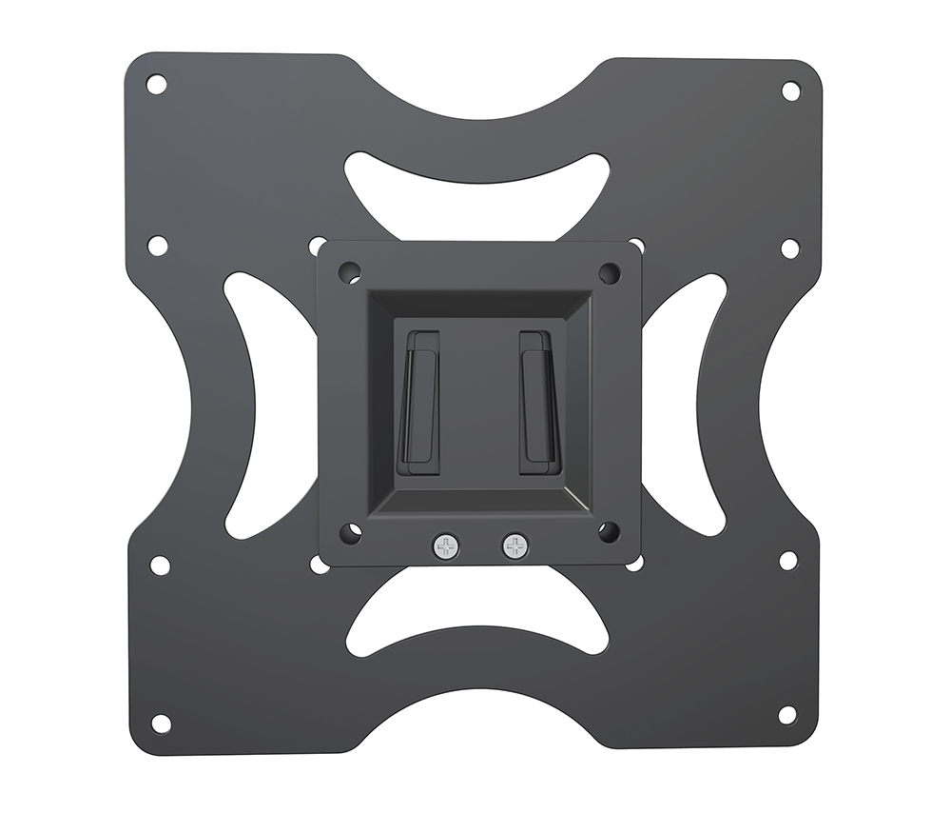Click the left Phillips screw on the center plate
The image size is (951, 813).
(x=444, y=546)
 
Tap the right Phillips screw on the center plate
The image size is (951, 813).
(x=514, y=546)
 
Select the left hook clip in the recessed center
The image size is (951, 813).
(x=419, y=403)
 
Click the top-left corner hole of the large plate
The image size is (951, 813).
(x=156, y=84)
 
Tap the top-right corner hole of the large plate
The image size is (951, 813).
(x=790, y=90)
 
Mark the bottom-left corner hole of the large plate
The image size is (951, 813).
(x=161, y=724)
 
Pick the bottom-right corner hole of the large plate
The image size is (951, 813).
(x=786, y=715)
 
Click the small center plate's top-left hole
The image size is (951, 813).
(x=349, y=271)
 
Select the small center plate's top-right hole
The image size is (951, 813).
(x=610, y=273)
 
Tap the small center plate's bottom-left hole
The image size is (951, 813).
(x=350, y=533)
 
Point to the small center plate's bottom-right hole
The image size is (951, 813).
(x=609, y=531)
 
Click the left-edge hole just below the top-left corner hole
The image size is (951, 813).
(x=157, y=246)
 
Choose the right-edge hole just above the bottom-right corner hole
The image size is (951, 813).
(x=788, y=560)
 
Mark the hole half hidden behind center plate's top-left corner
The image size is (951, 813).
(x=316, y=246)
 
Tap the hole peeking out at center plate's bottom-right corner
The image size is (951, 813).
(x=634, y=563)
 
